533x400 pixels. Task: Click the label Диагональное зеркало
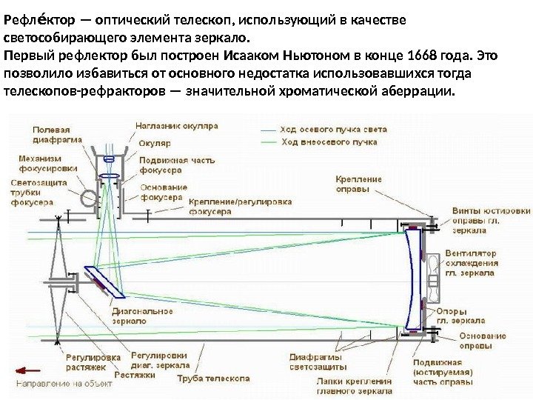point(142,316)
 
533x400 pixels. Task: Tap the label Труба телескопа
point(213,378)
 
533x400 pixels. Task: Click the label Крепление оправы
point(359,184)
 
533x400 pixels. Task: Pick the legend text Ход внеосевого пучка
point(329,141)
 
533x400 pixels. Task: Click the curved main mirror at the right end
point(412,276)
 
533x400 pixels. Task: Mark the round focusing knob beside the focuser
point(89,198)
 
